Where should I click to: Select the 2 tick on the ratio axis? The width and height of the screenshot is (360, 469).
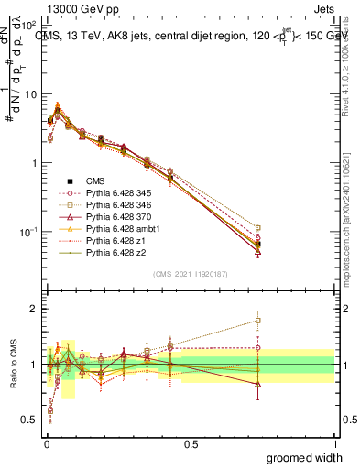coord(33,309)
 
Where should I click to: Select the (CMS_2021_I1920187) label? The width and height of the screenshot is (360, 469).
coord(189,273)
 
